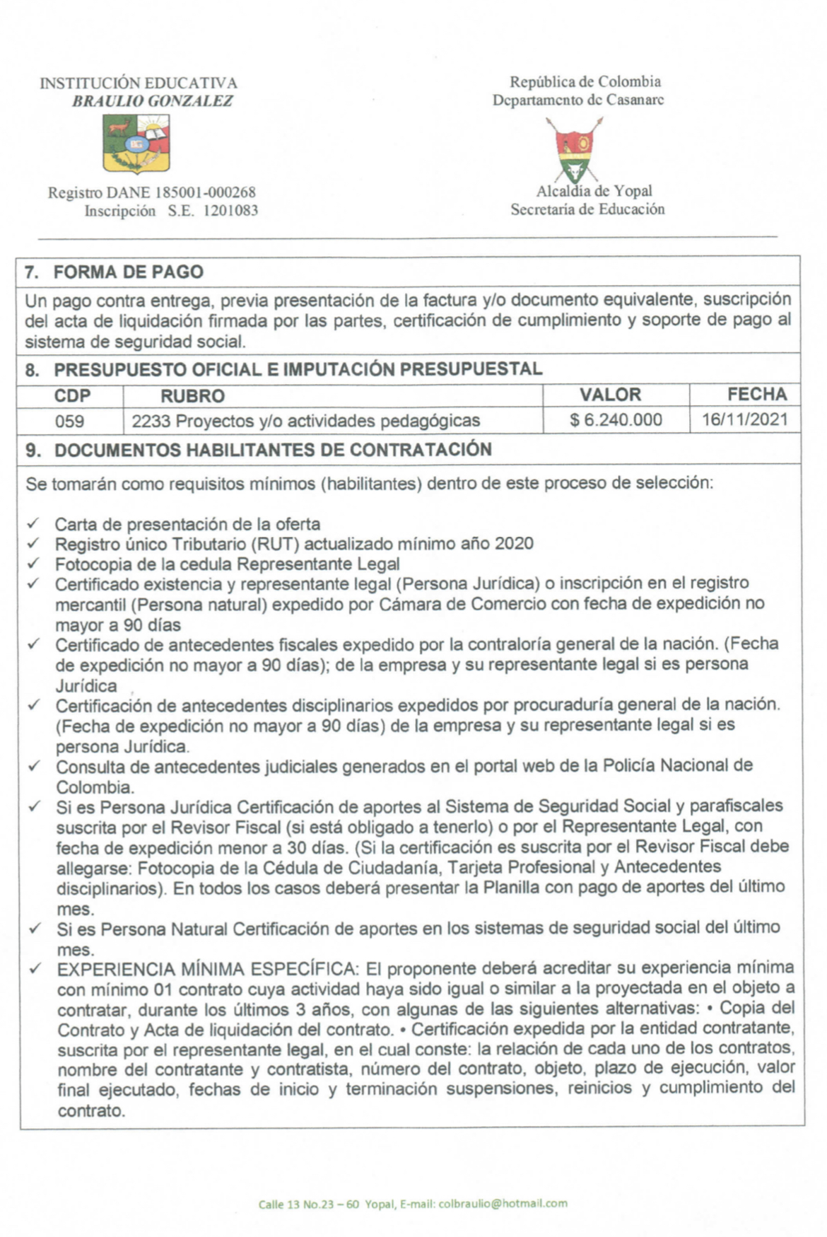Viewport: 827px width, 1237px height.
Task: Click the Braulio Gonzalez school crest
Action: point(136,145)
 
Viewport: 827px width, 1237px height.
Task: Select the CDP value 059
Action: point(69,422)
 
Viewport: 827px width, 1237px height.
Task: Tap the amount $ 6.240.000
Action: point(616,420)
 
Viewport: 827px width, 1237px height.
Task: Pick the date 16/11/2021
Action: point(744,419)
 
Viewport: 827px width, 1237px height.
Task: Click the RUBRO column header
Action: point(192,396)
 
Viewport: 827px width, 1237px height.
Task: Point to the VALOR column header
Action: point(610,395)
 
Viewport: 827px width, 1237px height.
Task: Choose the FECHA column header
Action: point(756,394)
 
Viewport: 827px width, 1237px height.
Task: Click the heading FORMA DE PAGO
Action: point(128,272)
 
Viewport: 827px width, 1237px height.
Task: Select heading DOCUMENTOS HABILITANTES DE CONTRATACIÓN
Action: point(272,451)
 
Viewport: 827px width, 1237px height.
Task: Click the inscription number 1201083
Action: point(230,211)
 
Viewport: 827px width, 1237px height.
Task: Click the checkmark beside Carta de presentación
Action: point(33,524)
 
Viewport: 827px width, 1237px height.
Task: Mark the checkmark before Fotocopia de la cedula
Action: point(33,564)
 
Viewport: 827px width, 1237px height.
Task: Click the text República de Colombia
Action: point(585,82)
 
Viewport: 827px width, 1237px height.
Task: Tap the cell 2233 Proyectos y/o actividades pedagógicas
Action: point(305,422)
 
